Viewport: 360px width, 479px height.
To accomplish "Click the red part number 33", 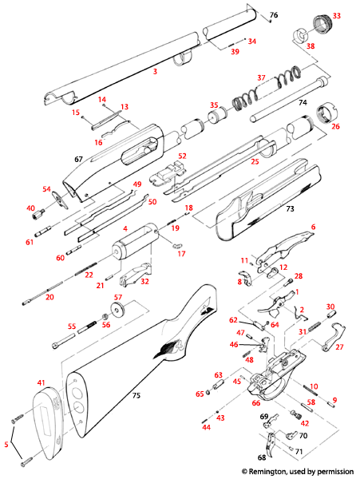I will (336, 15).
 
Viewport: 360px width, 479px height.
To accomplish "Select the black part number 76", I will (274, 16).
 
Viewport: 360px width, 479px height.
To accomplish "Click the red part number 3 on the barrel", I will (156, 72).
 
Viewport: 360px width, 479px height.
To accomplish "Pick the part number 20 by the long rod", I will (49, 297).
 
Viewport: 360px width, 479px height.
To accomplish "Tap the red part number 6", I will (313, 228).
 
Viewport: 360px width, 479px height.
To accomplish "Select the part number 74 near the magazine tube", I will (303, 103).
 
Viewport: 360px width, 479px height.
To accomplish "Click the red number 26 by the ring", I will (335, 126).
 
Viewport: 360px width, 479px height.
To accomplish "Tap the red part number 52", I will (182, 156).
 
